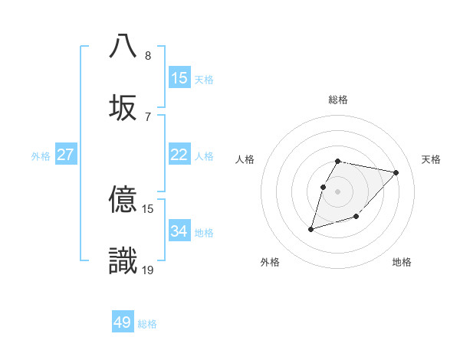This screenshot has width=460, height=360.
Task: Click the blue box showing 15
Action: tap(179, 78)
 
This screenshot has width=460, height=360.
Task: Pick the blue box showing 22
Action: tap(179, 155)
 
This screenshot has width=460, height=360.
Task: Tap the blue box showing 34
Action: tap(179, 231)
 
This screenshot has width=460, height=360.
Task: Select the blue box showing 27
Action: tap(66, 155)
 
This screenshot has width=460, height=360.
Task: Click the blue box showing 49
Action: tap(123, 322)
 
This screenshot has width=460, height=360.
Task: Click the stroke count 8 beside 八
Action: tap(148, 55)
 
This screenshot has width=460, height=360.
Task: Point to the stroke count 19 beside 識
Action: tap(148, 270)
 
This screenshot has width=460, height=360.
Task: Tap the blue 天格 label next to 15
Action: tap(204, 79)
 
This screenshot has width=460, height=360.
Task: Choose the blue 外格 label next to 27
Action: tap(41, 155)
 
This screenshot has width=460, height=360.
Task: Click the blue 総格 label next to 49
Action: tap(147, 324)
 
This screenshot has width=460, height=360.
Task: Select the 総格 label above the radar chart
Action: tap(338, 100)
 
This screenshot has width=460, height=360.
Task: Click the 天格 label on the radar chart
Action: tap(431, 159)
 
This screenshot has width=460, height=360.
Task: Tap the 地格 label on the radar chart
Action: tap(402, 262)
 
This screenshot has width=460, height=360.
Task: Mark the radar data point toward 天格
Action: tap(396, 172)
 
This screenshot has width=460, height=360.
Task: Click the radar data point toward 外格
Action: tap(310, 228)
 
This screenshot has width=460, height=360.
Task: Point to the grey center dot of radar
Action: tap(338, 191)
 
